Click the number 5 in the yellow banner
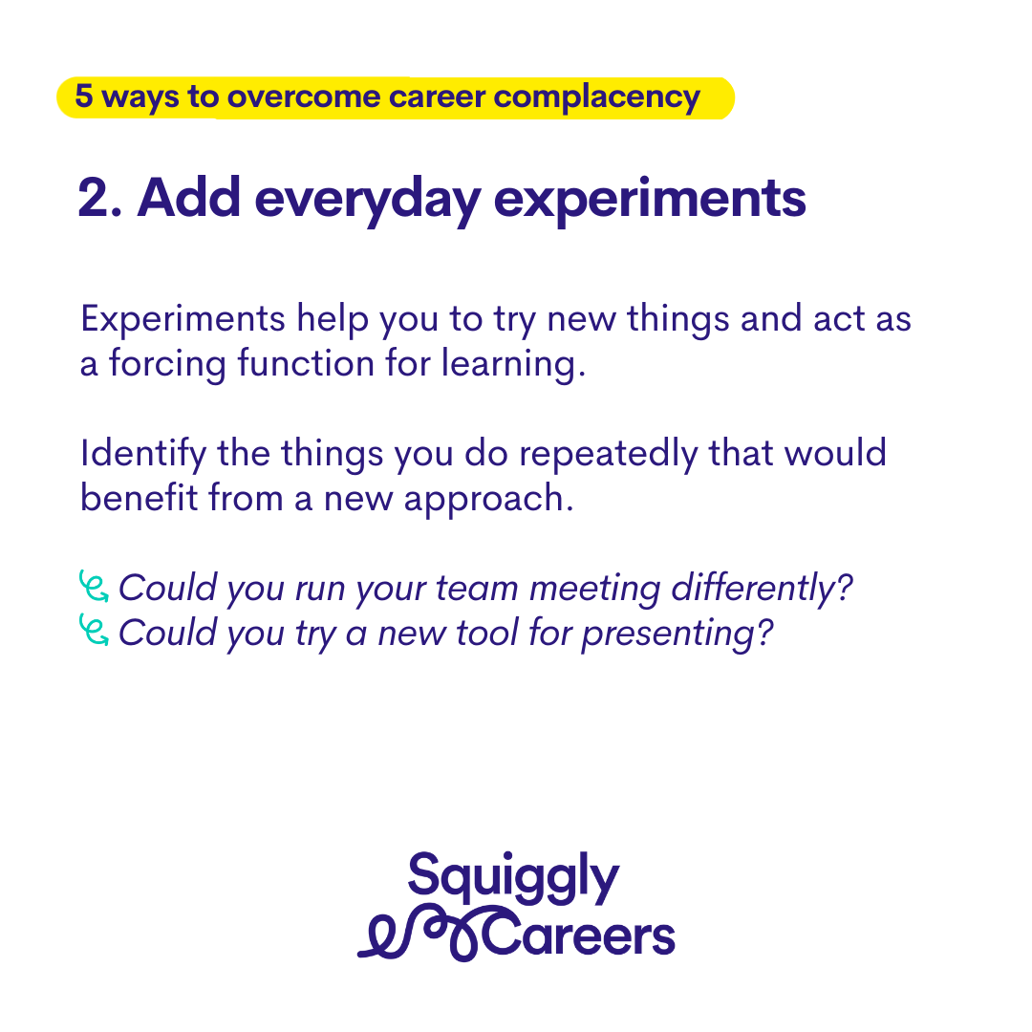tap(83, 96)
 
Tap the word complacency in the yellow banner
tap(597, 98)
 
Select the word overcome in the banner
tap(304, 97)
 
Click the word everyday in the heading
tap(367, 200)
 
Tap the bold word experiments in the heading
tap(650, 200)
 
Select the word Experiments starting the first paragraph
tap(183, 319)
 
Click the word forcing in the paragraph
tap(167, 365)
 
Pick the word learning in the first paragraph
tap(513, 365)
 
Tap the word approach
tap(488, 500)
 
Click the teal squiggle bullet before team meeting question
tap(94, 586)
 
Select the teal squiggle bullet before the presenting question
tap(94, 630)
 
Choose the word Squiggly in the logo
tap(513, 879)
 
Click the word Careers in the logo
tap(579, 935)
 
